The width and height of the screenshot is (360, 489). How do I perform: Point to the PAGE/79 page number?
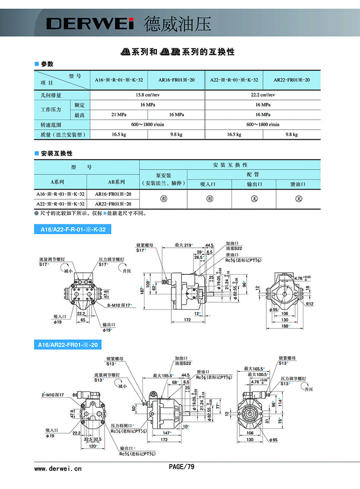(x=181, y=466)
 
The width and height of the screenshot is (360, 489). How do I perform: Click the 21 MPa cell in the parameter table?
(x=119, y=114)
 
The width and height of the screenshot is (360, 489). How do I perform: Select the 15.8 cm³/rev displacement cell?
(x=147, y=95)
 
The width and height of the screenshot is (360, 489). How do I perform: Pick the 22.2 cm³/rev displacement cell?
(x=263, y=95)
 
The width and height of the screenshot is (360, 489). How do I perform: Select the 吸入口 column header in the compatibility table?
(x=209, y=184)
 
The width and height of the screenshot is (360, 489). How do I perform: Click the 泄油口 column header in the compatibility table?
(x=298, y=184)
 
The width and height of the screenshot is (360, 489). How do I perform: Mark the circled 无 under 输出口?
(x=253, y=199)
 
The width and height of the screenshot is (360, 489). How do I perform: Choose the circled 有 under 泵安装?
(x=163, y=199)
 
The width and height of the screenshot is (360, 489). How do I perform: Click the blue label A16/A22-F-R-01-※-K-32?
(x=73, y=230)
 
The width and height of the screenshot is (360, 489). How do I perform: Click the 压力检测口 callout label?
(x=122, y=426)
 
